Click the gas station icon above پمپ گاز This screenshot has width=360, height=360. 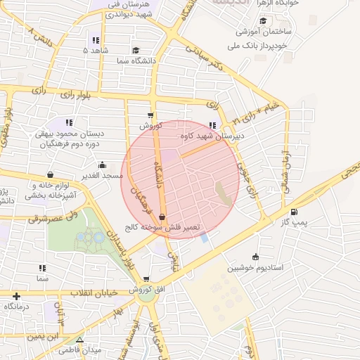pyautogui.click(x=293, y=212)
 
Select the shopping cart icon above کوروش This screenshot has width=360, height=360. pyautogui.click(x=150, y=115)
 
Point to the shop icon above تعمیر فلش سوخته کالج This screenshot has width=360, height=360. pyautogui.click(x=163, y=217)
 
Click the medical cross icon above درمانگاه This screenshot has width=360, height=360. pyautogui.click(x=16, y=296)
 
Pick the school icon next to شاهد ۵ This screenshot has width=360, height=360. pyautogui.click(x=96, y=40)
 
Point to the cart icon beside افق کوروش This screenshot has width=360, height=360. pyautogui.click(x=146, y=279)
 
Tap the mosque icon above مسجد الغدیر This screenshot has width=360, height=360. pyautogui.click(x=101, y=165)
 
